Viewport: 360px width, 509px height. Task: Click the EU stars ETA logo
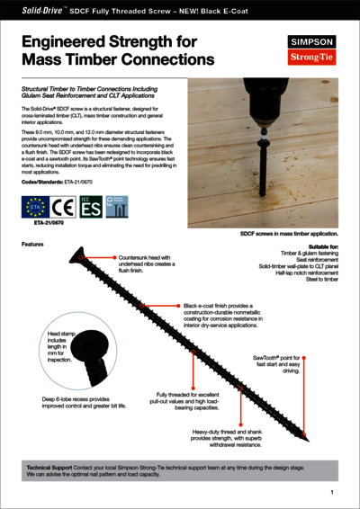coord(34,212)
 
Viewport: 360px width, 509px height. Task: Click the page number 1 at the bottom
coord(332,492)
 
